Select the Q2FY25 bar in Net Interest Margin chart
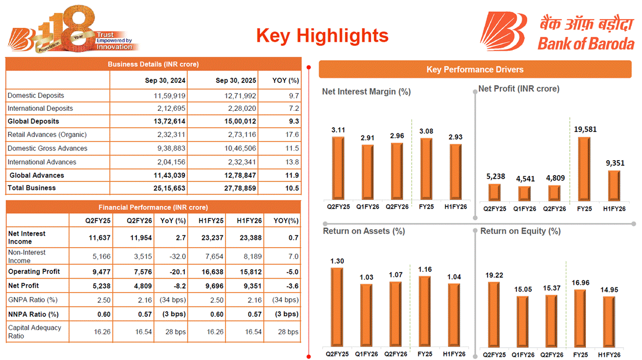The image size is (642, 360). pos(338,168)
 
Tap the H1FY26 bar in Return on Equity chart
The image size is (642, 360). pos(609,320)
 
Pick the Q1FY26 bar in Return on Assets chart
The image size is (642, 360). pos(367,314)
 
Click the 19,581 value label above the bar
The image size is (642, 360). pos(585,130)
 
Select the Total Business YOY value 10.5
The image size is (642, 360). pos(292,188)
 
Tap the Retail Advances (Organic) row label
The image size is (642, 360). pos(47,134)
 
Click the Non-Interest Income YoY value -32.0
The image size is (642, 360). pos(180,256)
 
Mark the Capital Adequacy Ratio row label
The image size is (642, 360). pos(34,332)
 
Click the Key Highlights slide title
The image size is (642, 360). pos(322,36)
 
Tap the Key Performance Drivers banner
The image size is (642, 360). pos(475,70)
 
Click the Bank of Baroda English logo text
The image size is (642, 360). pos(586,44)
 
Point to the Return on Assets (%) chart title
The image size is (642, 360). pos(364,231)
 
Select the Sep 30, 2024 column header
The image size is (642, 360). pos(165,80)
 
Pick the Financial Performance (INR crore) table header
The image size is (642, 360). pos(153,207)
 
